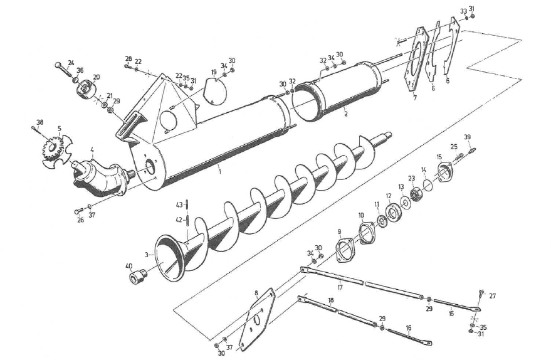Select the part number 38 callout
tap(39, 122)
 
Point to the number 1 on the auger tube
tap(219, 171)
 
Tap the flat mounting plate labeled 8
tap(258, 319)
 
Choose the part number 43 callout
tap(179, 204)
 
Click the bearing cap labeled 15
tap(444, 171)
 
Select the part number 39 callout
tap(467, 137)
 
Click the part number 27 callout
tap(493, 295)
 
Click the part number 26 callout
tap(80, 220)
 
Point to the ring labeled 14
tap(428, 184)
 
